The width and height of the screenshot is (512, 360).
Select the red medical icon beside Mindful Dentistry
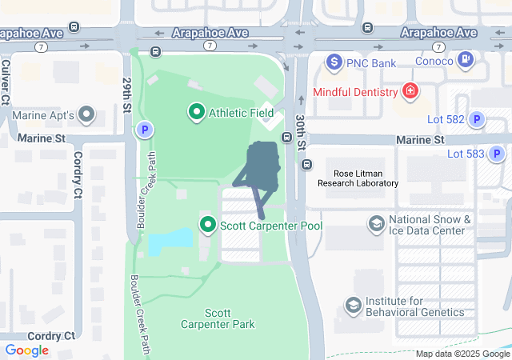coord(410,91)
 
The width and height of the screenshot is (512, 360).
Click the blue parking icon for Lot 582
coord(477,120)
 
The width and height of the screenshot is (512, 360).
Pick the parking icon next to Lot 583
coord(498,154)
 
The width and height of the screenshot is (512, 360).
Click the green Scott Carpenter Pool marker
coord(209,226)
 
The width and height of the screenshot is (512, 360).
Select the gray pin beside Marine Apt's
coord(87,116)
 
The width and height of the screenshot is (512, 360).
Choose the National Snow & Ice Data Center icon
coord(376,222)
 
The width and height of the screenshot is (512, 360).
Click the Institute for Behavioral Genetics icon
coord(353,305)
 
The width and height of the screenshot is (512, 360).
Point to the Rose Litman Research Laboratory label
coord(358,178)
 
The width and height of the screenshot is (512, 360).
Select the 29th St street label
coord(127,95)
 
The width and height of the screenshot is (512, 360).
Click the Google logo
coord(26,350)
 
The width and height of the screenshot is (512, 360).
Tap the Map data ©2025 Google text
coord(462,354)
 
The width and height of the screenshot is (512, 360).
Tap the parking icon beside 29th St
coord(144,129)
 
